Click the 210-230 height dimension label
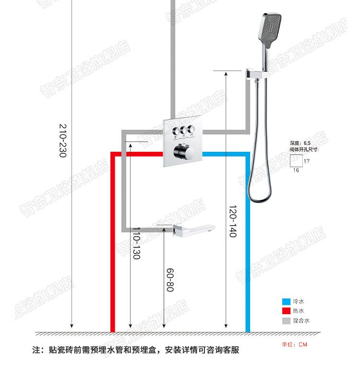(x=63, y=142)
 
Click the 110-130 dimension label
(x=136, y=244)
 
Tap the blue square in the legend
(x=286, y=302)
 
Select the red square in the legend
(x=286, y=311)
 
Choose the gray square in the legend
(x=286, y=320)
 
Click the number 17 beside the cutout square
(x=307, y=161)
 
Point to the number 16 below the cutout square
(x=296, y=170)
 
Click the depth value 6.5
(x=307, y=143)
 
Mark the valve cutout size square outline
(x=296, y=160)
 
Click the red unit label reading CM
(x=302, y=344)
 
